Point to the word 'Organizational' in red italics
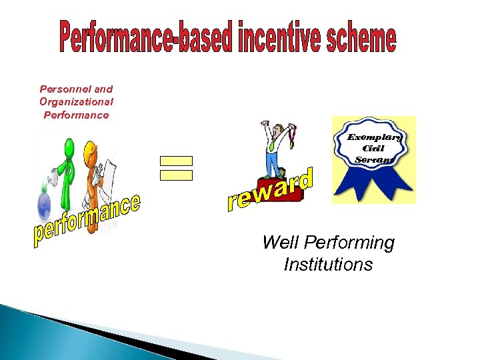[x=77, y=102]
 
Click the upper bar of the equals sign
[x=176, y=161]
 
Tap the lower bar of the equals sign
[x=176, y=175]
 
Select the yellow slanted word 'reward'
[x=270, y=189]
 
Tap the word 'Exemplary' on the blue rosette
[x=374, y=138]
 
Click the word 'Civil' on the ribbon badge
[x=373, y=149]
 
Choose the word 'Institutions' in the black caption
[x=328, y=265]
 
